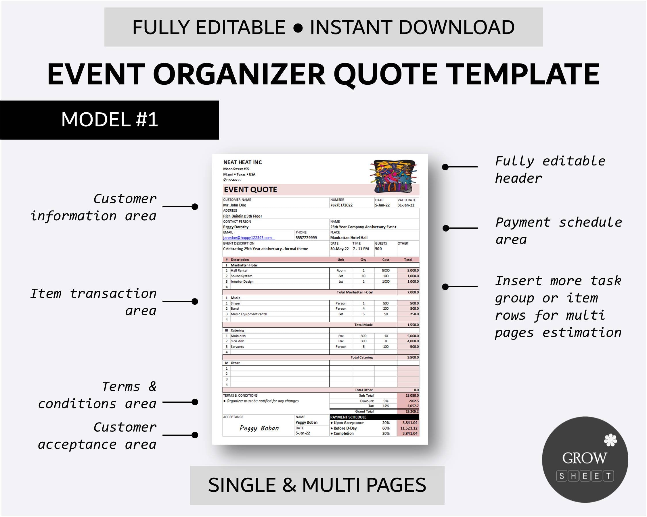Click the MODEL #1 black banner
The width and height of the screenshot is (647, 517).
pos(110,120)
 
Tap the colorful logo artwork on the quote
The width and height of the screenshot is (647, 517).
pos(393,176)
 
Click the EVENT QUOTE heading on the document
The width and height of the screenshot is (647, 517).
pos(250,189)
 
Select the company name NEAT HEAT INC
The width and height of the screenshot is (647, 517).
pos(242,162)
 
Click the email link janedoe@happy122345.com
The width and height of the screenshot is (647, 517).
pos(247,238)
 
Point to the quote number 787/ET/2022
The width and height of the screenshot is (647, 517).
pos(341,205)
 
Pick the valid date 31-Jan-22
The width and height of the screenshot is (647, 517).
pos(406,205)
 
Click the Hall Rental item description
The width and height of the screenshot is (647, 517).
pos(239,270)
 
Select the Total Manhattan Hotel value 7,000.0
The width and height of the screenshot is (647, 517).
pos(413,292)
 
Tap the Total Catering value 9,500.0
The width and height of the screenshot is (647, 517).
pos(413,357)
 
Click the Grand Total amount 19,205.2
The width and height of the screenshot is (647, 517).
pos(412,412)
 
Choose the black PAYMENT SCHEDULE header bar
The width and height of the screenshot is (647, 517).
pos(374,417)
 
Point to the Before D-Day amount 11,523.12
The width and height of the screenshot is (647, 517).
pos(408,428)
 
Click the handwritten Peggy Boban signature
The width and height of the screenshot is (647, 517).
pos(259,428)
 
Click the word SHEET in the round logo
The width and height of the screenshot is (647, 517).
pos(585,476)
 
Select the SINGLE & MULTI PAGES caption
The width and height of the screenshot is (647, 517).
pos(317,485)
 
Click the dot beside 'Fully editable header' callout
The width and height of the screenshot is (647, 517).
pos(445,167)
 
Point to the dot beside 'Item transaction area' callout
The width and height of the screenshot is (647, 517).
pos(195,301)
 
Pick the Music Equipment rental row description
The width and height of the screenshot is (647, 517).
pos(249,314)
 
